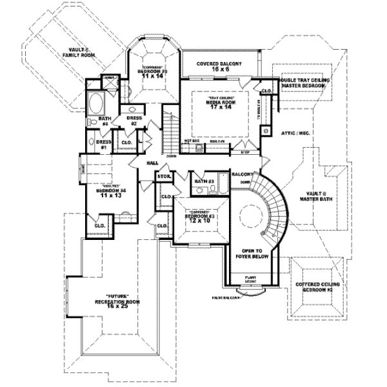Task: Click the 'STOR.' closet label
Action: (163, 175)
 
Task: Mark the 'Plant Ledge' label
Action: (250, 279)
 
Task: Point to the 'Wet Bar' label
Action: (191, 140)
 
